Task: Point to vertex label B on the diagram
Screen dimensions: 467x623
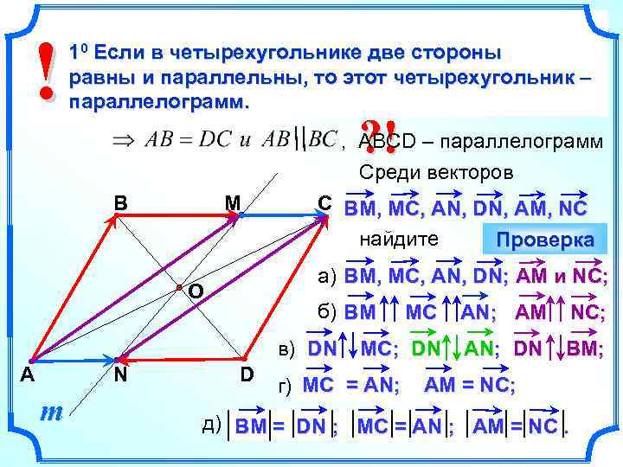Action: [121, 203]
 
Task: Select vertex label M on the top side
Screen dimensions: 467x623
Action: [232, 203]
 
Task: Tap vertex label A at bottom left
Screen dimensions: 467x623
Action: [28, 374]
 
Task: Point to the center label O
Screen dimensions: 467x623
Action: [196, 292]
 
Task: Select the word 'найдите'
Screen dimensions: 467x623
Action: [399, 238]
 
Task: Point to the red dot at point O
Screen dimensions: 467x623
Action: [177, 286]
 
